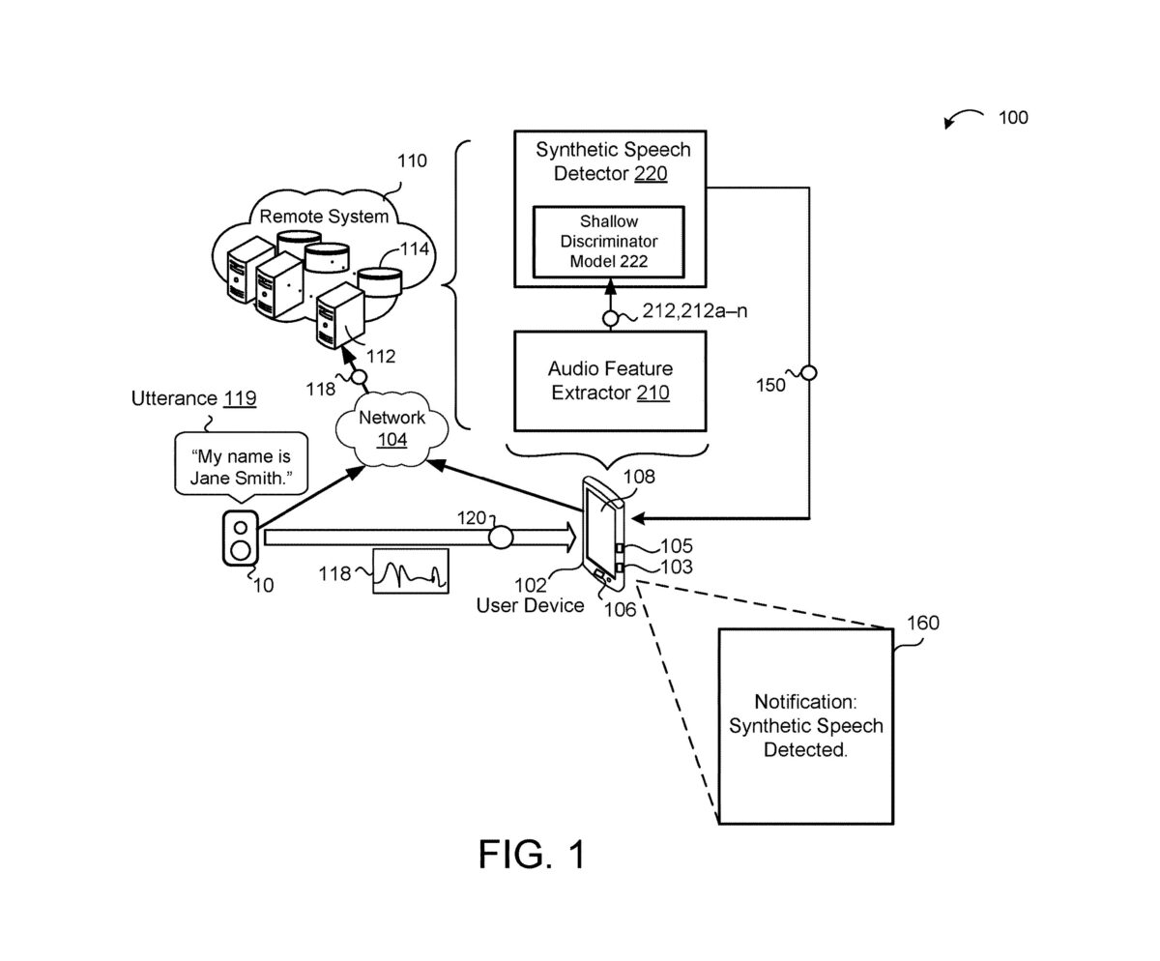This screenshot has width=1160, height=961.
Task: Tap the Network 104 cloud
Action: click(x=391, y=429)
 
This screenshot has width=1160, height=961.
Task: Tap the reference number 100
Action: click(x=1013, y=118)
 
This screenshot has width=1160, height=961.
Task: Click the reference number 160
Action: click(x=923, y=623)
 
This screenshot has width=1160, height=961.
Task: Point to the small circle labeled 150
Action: click(x=809, y=373)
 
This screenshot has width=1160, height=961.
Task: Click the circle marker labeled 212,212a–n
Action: click(x=610, y=318)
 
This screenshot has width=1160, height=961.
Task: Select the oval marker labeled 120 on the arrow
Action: click(x=501, y=538)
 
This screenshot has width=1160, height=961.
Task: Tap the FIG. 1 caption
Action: click(x=532, y=855)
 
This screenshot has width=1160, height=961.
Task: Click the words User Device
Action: click(x=530, y=605)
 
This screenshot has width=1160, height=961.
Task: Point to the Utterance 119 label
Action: click(x=194, y=398)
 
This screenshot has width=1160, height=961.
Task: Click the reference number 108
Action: click(x=639, y=477)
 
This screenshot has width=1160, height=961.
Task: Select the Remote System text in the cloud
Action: click(x=324, y=217)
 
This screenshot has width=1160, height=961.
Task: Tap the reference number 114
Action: click(x=415, y=249)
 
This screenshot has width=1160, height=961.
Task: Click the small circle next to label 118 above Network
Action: click(x=360, y=377)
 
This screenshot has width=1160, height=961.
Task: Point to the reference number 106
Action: click(x=620, y=610)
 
